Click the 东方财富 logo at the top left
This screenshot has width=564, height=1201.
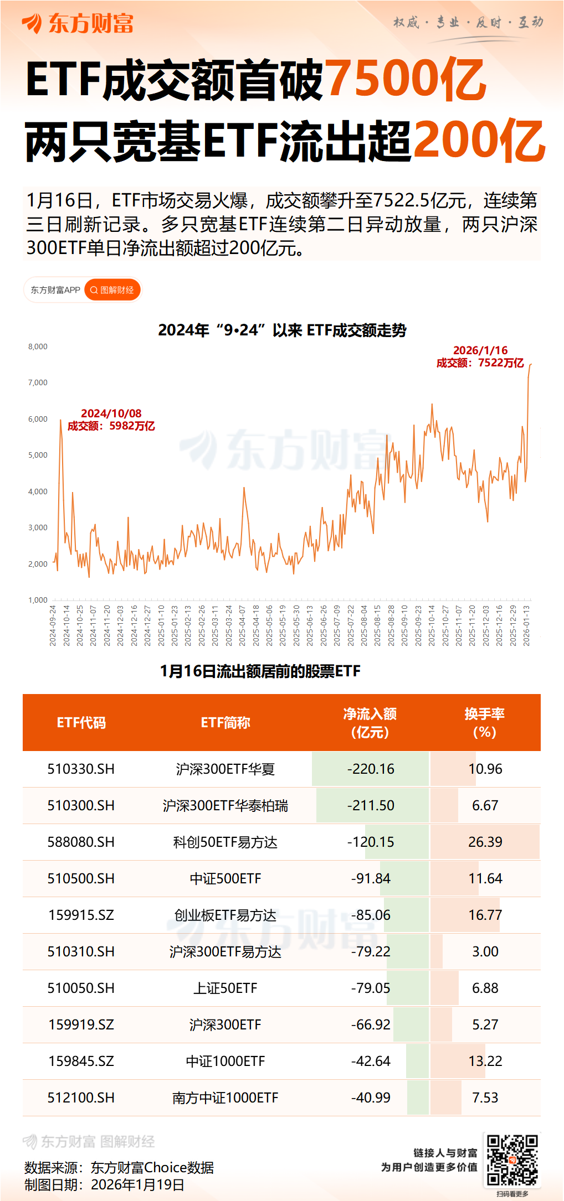(x=78, y=23)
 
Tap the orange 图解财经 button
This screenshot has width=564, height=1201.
(x=112, y=290)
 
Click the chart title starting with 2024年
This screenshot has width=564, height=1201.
(x=282, y=330)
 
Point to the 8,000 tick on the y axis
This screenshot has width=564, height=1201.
(x=38, y=346)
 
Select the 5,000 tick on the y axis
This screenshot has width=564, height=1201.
(x=38, y=455)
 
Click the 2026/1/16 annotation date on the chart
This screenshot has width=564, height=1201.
(x=480, y=350)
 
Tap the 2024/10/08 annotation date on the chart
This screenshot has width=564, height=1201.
(x=111, y=413)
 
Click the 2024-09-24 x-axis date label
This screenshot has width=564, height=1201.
(x=53, y=625)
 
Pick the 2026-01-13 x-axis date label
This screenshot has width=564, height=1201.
(x=526, y=625)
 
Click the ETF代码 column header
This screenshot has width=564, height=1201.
(x=81, y=723)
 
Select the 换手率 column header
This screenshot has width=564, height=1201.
(x=484, y=723)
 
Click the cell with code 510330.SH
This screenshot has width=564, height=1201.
(x=81, y=769)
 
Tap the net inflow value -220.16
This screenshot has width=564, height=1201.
(x=371, y=769)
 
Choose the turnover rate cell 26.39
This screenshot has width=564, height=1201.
(x=485, y=842)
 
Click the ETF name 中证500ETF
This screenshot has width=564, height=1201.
(x=225, y=878)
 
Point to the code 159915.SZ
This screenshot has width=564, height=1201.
(x=81, y=915)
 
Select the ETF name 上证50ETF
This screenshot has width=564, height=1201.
(x=225, y=988)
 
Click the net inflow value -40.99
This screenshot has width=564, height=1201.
(x=371, y=1098)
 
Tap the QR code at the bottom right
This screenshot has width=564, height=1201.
(x=512, y=1160)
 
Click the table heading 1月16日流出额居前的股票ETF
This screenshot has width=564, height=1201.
(x=260, y=671)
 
